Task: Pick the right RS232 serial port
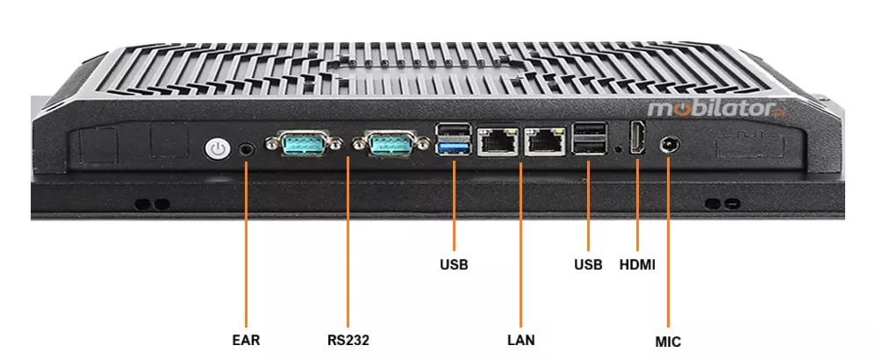(379, 142)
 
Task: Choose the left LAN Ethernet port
(498, 140)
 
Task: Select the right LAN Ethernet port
(544, 140)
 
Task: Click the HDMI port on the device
(637, 140)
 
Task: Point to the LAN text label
(520, 340)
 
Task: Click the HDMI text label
(637, 263)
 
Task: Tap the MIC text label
(668, 342)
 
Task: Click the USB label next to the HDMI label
(588, 263)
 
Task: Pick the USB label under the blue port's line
(454, 263)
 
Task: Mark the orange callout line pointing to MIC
(669, 246)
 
